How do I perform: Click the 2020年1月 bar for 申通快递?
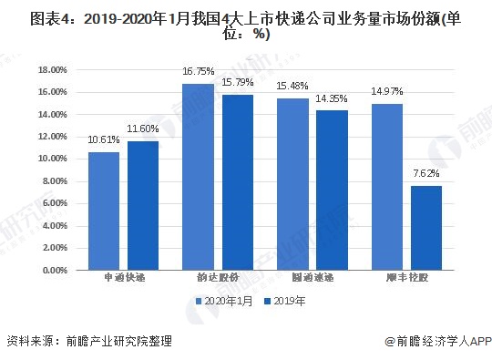pos(104,211)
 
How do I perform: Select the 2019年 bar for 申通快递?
pos(142,206)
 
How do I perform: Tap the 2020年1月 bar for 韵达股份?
pos(198,177)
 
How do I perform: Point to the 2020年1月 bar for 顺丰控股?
pos(387,187)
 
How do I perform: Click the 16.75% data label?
pos(198,70)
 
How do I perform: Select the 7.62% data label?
pos(426,172)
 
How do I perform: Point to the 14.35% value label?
pos(332,97)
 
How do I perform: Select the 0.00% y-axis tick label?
pos(56,271)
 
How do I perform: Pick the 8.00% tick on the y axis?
pos(56,181)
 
